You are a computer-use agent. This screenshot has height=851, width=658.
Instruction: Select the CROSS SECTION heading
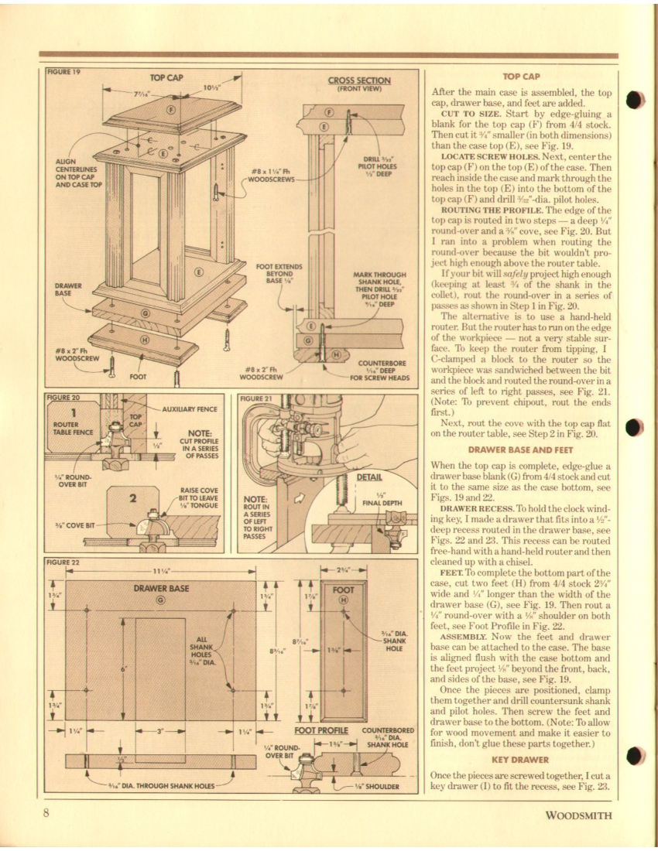coord(358,80)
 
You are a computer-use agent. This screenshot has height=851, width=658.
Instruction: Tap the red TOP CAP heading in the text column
coord(521,77)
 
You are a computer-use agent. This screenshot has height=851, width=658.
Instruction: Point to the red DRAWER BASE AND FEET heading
coord(521,449)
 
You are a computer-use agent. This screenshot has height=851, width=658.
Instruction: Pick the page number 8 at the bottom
coord(47,813)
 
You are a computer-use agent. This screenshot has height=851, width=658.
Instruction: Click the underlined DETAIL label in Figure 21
coord(368,477)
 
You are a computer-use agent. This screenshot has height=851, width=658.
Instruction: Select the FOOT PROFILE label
coord(324,730)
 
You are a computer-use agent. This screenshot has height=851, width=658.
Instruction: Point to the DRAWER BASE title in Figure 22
coord(162,589)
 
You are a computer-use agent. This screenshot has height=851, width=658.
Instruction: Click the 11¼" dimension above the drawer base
coord(161,572)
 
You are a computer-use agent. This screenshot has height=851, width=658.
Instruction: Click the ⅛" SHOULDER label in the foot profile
coord(376,787)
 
